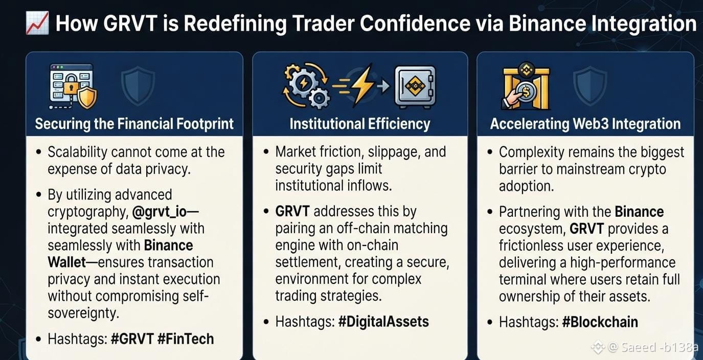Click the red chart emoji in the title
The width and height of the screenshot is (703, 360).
(x=37, y=23)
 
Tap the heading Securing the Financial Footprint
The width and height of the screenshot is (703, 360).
(x=134, y=124)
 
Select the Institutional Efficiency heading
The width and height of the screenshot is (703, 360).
(x=359, y=124)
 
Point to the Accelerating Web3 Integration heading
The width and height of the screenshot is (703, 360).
(x=585, y=124)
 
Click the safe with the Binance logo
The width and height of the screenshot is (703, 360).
(x=415, y=86)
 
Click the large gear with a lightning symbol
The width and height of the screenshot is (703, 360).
(x=303, y=83)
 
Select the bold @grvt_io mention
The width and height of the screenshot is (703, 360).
(x=160, y=212)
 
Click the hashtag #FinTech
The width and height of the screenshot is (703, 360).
(x=186, y=339)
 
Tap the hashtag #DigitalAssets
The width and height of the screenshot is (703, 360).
(x=383, y=322)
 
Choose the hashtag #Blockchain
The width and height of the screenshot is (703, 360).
(x=600, y=322)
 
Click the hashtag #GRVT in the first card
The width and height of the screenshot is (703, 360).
(x=132, y=339)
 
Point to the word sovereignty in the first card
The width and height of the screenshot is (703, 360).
(x=83, y=313)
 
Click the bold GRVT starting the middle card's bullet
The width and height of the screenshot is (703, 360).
(x=292, y=211)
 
